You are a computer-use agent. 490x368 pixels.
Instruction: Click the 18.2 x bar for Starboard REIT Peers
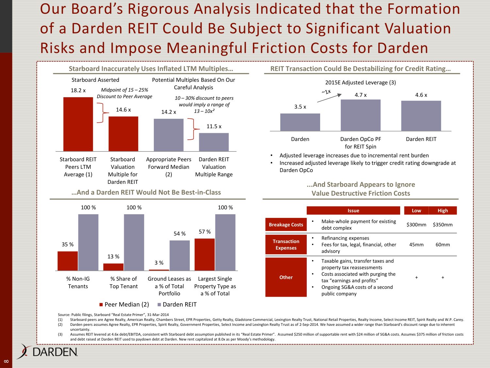(x=78, y=124)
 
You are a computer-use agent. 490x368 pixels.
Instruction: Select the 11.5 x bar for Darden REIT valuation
(x=214, y=142)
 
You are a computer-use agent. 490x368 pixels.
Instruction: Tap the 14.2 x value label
(x=169, y=112)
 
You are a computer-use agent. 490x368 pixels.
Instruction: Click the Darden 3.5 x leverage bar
(x=300, y=122)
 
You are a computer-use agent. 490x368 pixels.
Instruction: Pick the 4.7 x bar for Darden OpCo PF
(x=360, y=115)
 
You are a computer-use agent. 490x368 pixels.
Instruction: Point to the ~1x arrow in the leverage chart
(x=329, y=97)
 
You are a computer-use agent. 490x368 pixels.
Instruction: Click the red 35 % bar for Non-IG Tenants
(x=68, y=261)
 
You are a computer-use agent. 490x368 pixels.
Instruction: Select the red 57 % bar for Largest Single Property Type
(x=204, y=254)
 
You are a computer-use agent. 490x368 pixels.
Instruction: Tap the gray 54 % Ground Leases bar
(x=180, y=255)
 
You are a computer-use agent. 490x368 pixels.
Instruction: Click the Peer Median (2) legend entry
(x=124, y=305)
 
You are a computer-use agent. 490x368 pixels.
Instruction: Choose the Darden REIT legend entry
(x=177, y=305)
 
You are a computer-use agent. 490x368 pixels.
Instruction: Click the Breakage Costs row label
(x=286, y=225)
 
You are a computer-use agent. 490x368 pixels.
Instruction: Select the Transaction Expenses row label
(x=286, y=245)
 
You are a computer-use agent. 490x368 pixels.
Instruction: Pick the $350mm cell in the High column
(x=443, y=225)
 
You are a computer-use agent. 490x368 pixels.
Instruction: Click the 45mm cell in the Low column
(x=416, y=245)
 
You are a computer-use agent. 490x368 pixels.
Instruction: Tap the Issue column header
(x=353, y=211)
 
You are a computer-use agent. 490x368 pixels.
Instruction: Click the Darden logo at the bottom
(x=48, y=352)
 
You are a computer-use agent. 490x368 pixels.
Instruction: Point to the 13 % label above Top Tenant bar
(x=113, y=257)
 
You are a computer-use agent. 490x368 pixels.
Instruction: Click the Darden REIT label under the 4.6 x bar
(x=421, y=139)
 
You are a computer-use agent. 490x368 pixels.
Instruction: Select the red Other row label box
(x=286, y=277)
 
